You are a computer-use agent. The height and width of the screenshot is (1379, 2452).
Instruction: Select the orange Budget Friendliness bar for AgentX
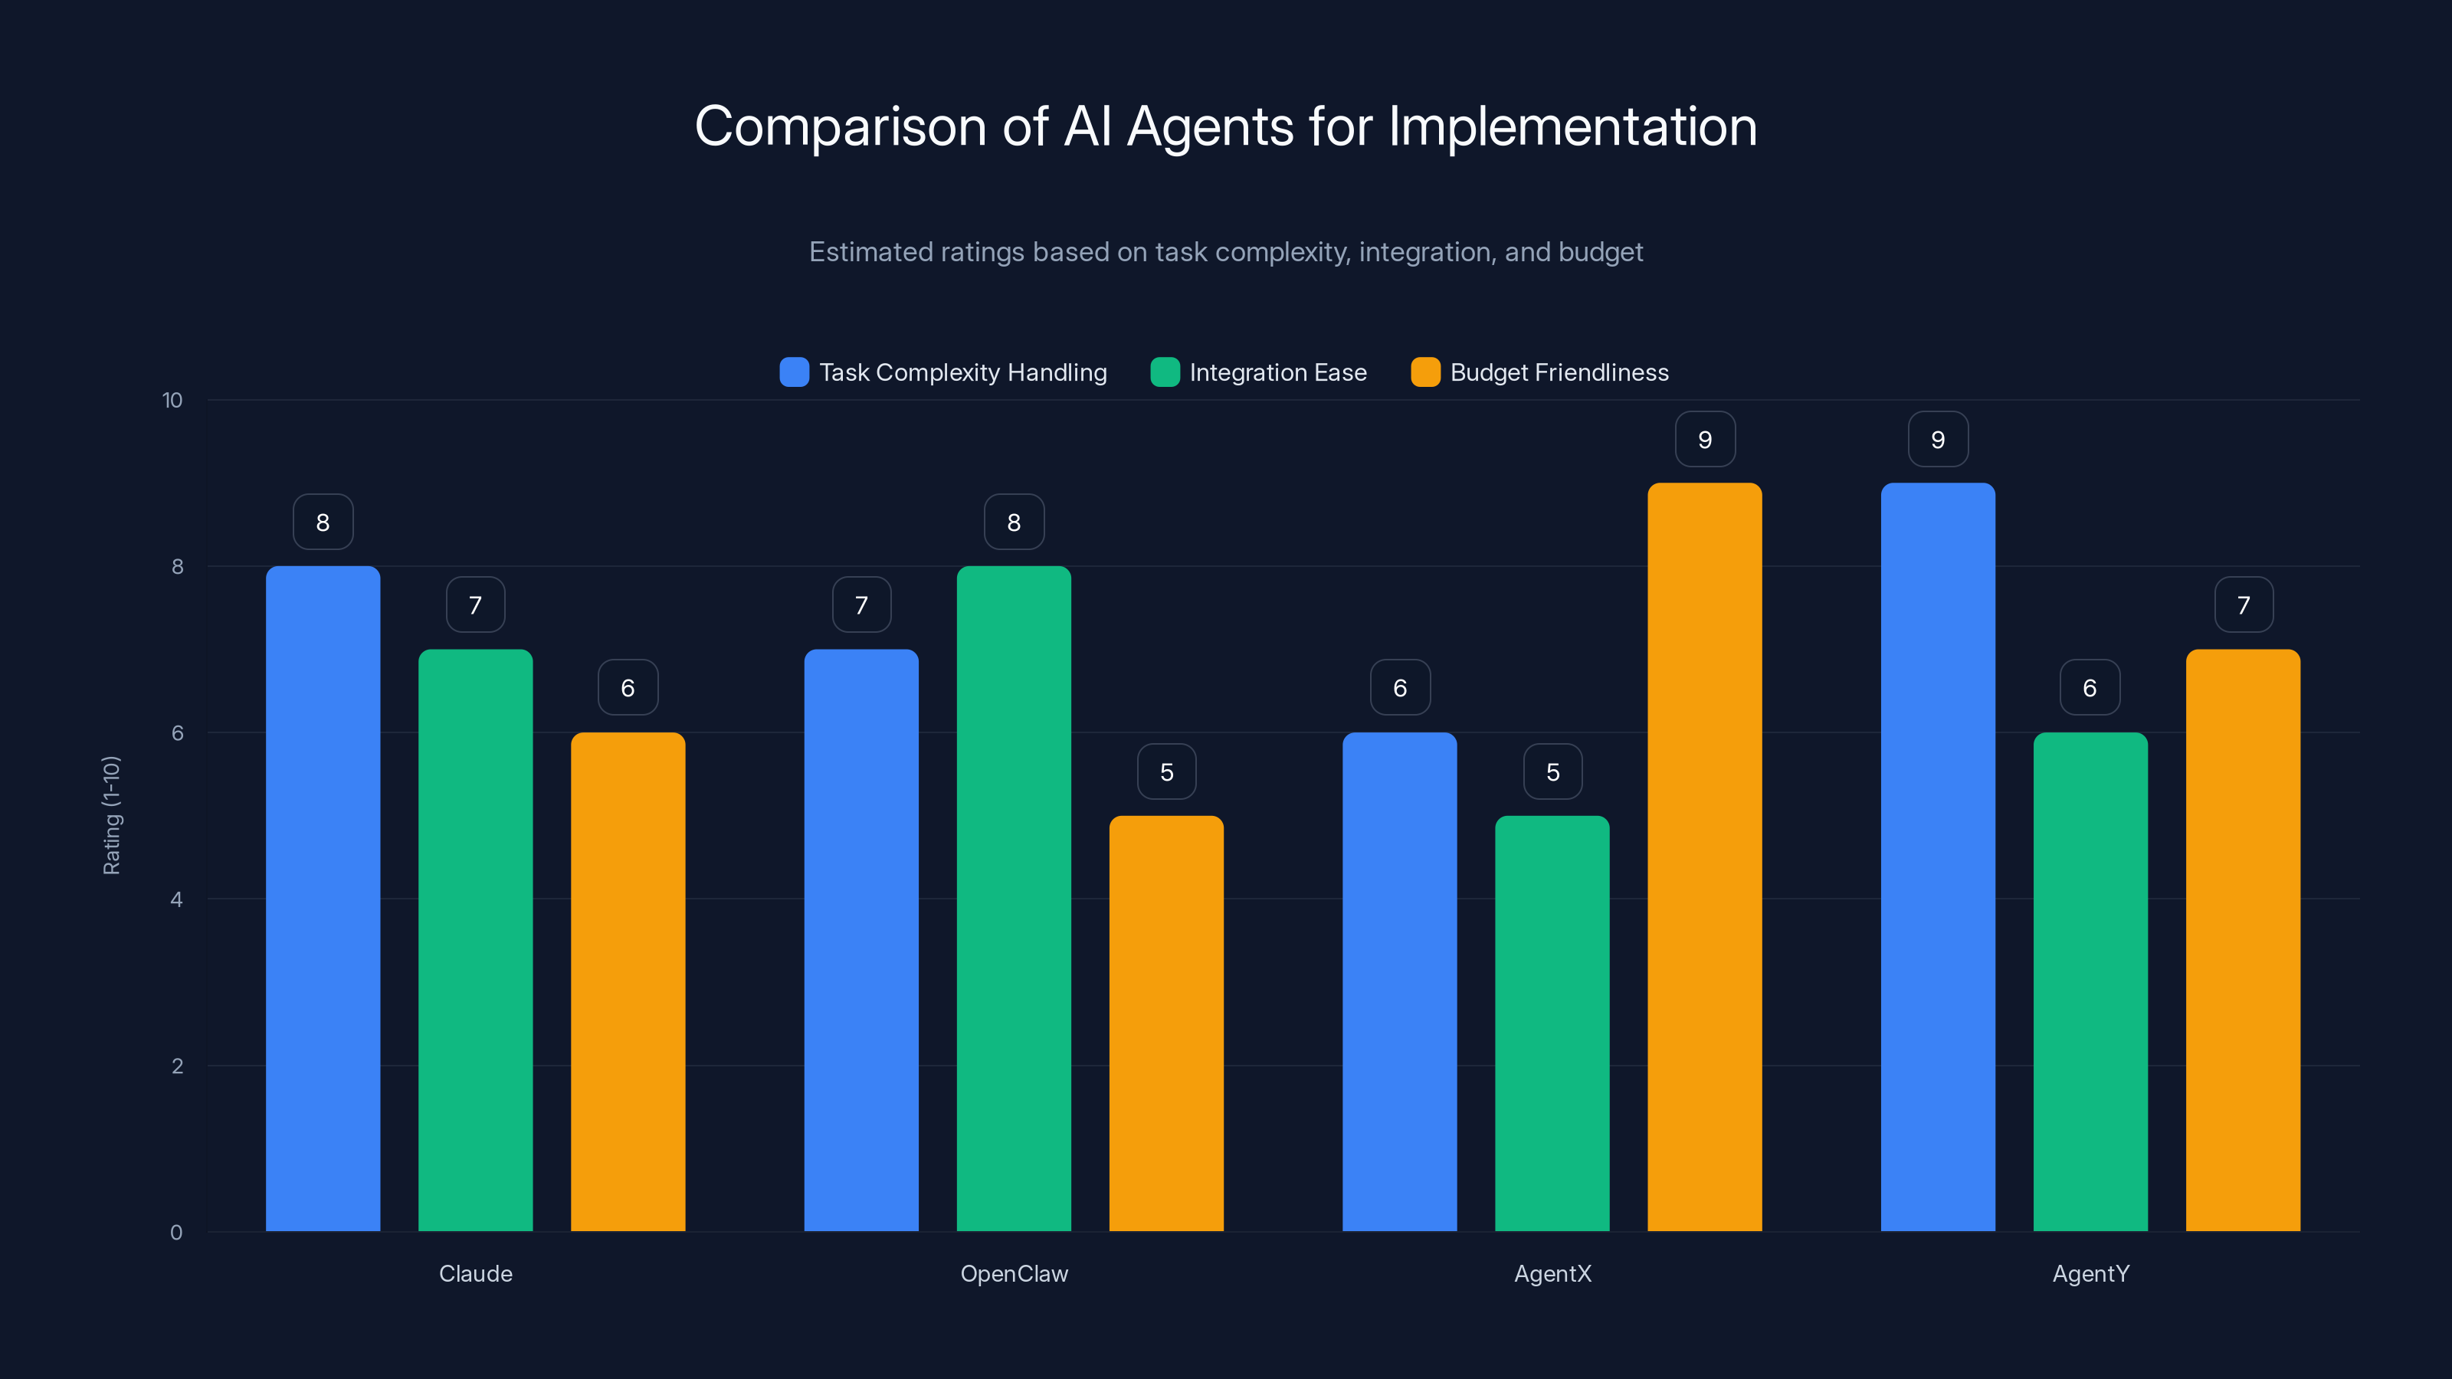pyautogui.click(x=1704, y=857)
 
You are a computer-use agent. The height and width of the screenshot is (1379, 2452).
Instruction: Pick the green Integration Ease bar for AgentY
pyautogui.click(x=2090, y=981)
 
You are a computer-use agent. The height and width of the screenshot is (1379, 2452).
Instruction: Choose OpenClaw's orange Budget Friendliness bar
pyautogui.click(x=1166, y=1023)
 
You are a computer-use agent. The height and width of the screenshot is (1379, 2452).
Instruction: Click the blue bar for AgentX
pyautogui.click(x=1399, y=981)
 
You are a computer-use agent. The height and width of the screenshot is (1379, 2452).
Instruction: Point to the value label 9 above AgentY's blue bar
pyautogui.click(x=1938, y=440)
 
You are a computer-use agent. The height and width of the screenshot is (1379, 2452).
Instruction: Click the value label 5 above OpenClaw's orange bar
pyautogui.click(x=1166, y=771)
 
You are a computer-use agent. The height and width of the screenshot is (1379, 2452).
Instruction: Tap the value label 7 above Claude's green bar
pyautogui.click(x=475, y=605)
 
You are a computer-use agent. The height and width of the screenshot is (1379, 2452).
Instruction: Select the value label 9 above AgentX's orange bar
pyautogui.click(x=1705, y=440)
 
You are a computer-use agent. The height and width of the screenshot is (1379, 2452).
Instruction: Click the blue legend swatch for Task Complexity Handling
pyautogui.click(x=794, y=372)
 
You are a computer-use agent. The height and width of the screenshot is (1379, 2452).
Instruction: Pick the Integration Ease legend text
pyautogui.click(x=1277, y=372)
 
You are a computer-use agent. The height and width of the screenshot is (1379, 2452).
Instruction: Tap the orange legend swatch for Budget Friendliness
pyautogui.click(x=1425, y=372)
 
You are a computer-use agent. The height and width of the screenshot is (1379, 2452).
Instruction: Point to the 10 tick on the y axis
pyautogui.click(x=172, y=400)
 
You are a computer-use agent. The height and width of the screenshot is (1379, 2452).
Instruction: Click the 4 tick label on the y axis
pyautogui.click(x=176, y=899)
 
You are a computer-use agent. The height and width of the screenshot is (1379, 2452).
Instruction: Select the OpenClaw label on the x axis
pyautogui.click(x=1014, y=1273)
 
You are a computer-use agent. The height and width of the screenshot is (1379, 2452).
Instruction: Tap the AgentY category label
pyautogui.click(x=2090, y=1273)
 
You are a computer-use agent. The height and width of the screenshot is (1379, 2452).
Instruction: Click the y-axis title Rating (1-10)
pyautogui.click(x=111, y=814)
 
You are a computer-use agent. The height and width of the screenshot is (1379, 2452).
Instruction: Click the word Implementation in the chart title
pyautogui.click(x=1572, y=126)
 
